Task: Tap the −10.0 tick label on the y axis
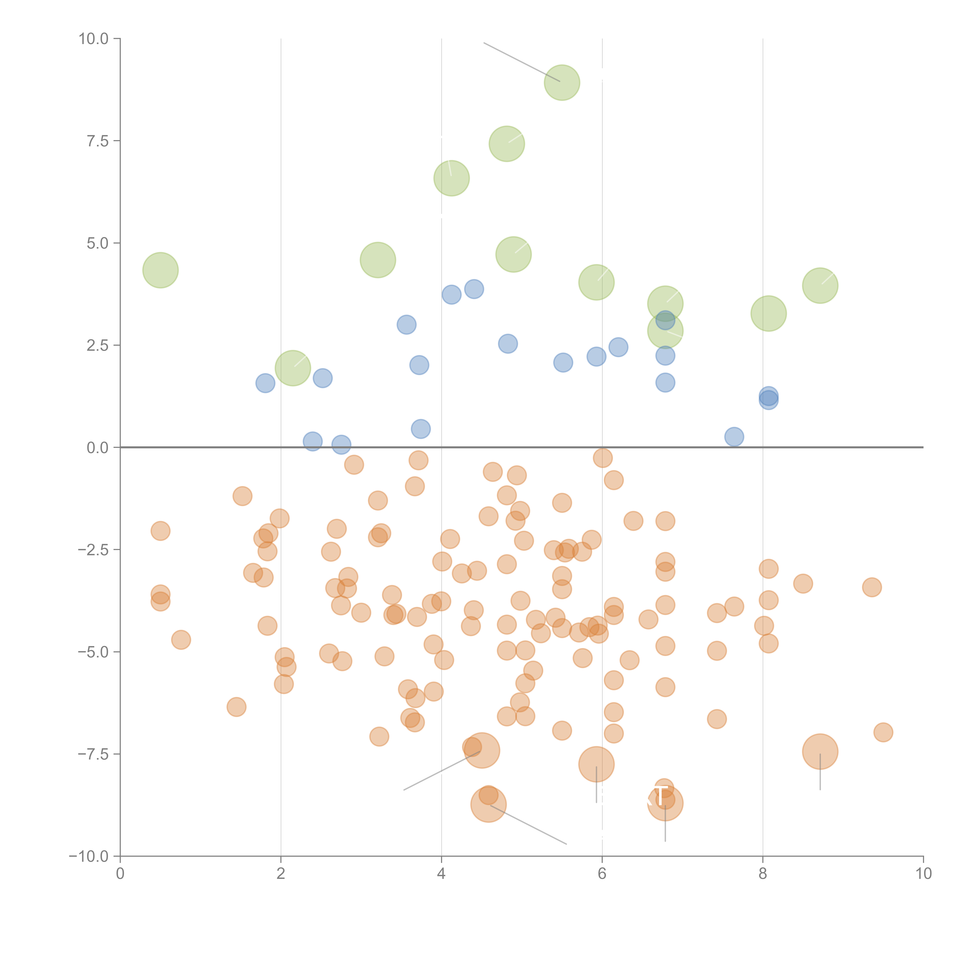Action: point(89,856)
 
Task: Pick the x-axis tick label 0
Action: point(120,874)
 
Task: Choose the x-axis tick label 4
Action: point(441,874)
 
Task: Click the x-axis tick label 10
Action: point(923,874)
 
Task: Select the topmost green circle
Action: point(562,83)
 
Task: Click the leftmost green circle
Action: point(160,270)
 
